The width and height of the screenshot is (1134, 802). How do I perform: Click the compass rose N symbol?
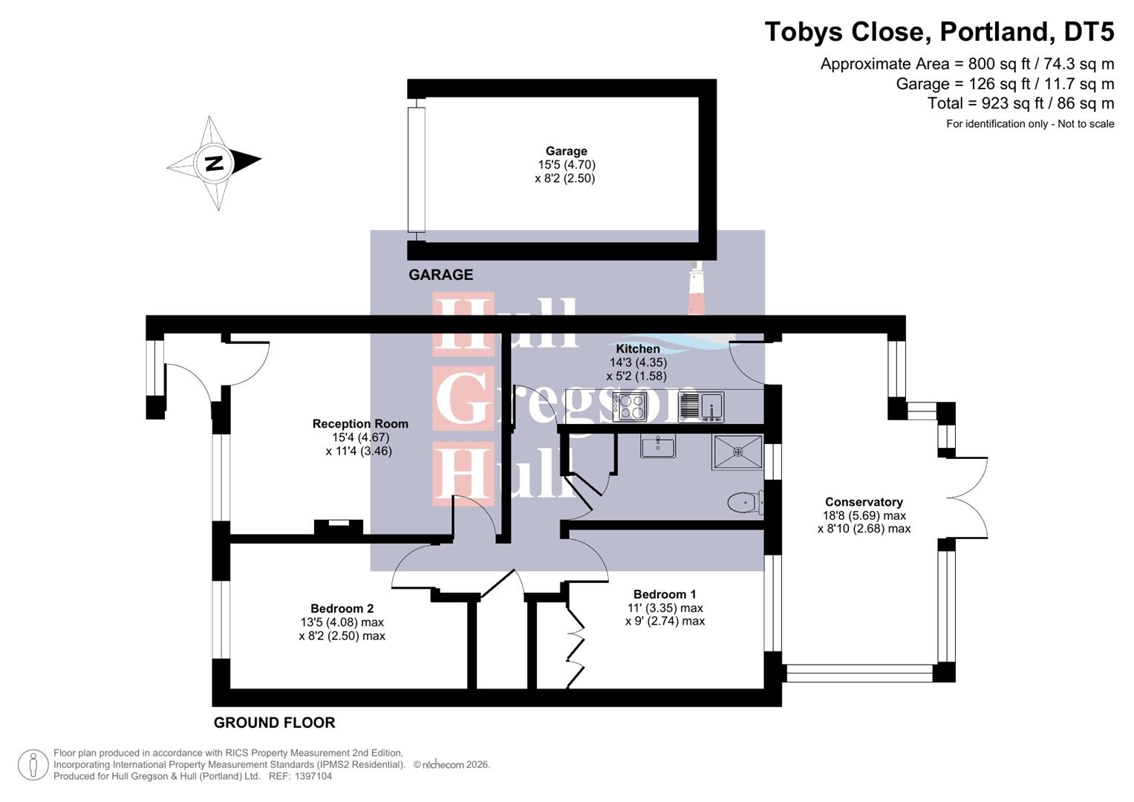point(214,163)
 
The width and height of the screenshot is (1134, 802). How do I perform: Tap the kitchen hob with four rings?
point(630,406)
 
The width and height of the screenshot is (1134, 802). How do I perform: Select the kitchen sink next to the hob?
point(700,406)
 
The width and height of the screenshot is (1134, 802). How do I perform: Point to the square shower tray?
point(737,452)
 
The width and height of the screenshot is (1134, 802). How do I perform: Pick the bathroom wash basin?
point(658,446)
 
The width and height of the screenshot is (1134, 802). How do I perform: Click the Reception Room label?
point(360,424)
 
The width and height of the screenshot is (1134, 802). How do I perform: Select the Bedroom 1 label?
point(665,594)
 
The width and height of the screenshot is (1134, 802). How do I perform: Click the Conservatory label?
point(864,502)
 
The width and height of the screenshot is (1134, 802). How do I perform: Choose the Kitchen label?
point(638,349)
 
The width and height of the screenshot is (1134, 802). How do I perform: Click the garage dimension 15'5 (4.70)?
point(566,165)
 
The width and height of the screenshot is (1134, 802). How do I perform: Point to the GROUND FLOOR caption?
point(274,723)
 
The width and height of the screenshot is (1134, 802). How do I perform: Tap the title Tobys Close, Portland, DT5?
point(939,32)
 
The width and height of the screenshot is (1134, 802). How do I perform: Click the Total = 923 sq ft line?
point(1020,103)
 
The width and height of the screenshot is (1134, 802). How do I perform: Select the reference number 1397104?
point(313,776)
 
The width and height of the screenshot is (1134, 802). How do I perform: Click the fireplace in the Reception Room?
point(339,526)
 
